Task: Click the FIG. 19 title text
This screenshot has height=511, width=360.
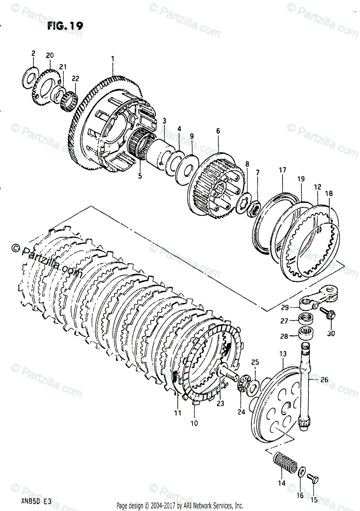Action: tap(65, 26)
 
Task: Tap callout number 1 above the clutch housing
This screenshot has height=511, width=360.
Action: tap(112, 58)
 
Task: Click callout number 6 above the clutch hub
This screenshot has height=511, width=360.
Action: tap(218, 132)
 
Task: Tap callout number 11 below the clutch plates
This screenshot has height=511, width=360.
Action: tap(177, 413)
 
